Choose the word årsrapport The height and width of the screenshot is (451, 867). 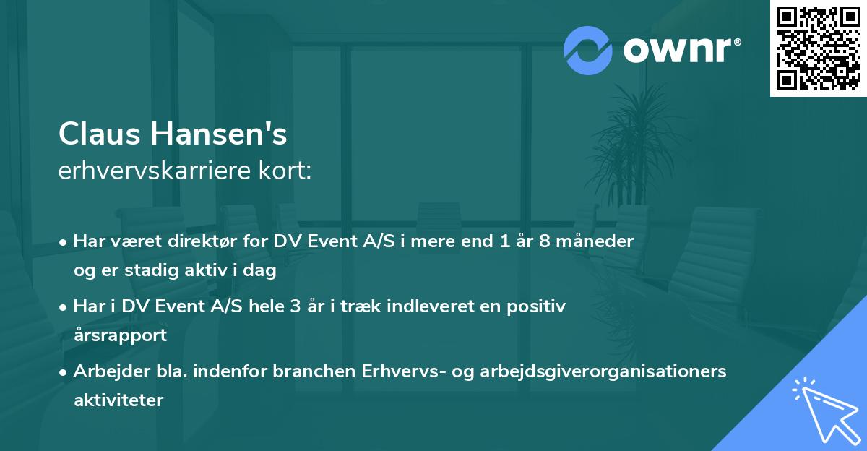[120, 335]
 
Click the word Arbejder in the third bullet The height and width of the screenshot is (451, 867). [106, 371]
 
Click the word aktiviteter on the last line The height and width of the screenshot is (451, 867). [118, 400]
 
